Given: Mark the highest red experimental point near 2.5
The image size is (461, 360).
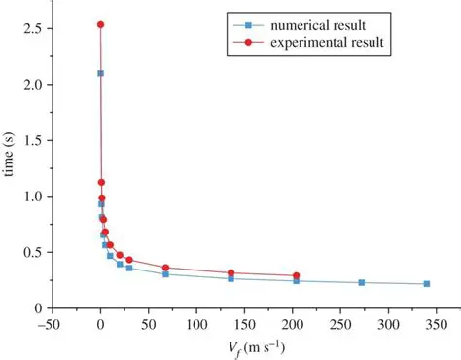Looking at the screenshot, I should tap(100, 24).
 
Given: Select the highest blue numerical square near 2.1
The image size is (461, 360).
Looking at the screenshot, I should tap(100, 73).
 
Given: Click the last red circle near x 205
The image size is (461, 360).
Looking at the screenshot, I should tap(296, 275).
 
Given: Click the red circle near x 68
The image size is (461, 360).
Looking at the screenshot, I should tap(165, 268).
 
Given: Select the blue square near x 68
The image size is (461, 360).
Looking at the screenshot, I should tap(165, 274).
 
